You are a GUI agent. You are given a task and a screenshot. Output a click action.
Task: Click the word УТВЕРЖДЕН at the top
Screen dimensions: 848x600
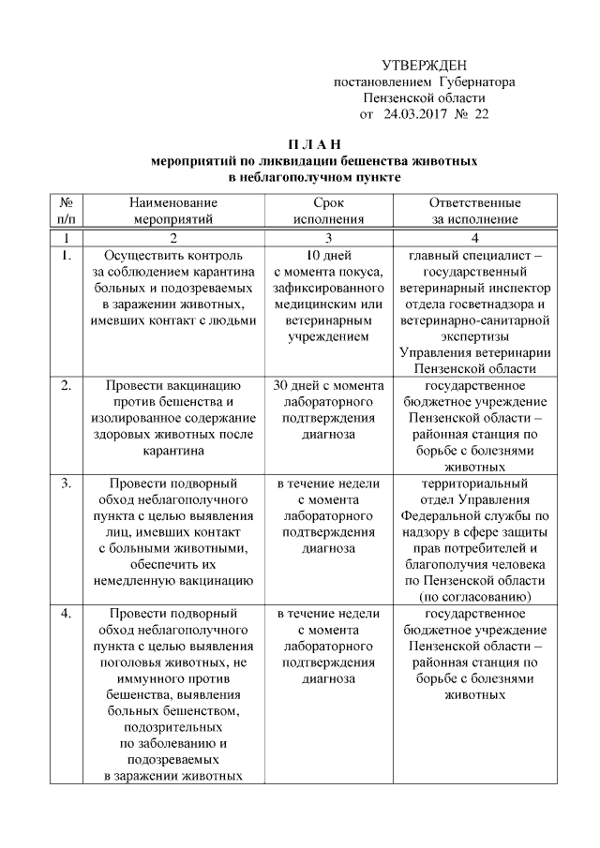pos(425,65)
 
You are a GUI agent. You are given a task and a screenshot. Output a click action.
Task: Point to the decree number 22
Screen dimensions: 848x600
pos(482,114)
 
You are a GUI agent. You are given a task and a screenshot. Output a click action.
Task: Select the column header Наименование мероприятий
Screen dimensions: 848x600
pos(173,211)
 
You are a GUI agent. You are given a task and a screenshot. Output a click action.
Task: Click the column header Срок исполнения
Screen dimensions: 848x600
pos(328,211)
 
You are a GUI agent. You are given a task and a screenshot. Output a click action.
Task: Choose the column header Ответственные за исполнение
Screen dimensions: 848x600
pos(474,211)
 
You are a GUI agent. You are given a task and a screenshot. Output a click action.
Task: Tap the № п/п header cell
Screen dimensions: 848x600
pos(67,211)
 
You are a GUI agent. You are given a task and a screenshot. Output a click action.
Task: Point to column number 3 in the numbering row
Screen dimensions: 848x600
pos(328,237)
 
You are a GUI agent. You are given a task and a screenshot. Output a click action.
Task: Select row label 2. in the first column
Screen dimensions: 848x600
pos(66,384)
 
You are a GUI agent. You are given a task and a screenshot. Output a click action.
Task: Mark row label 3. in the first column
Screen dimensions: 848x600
pos(66,484)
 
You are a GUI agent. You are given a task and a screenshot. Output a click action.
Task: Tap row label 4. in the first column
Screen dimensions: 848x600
pos(66,613)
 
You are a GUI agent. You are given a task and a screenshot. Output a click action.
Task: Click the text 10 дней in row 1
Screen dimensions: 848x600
pos(328,255)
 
